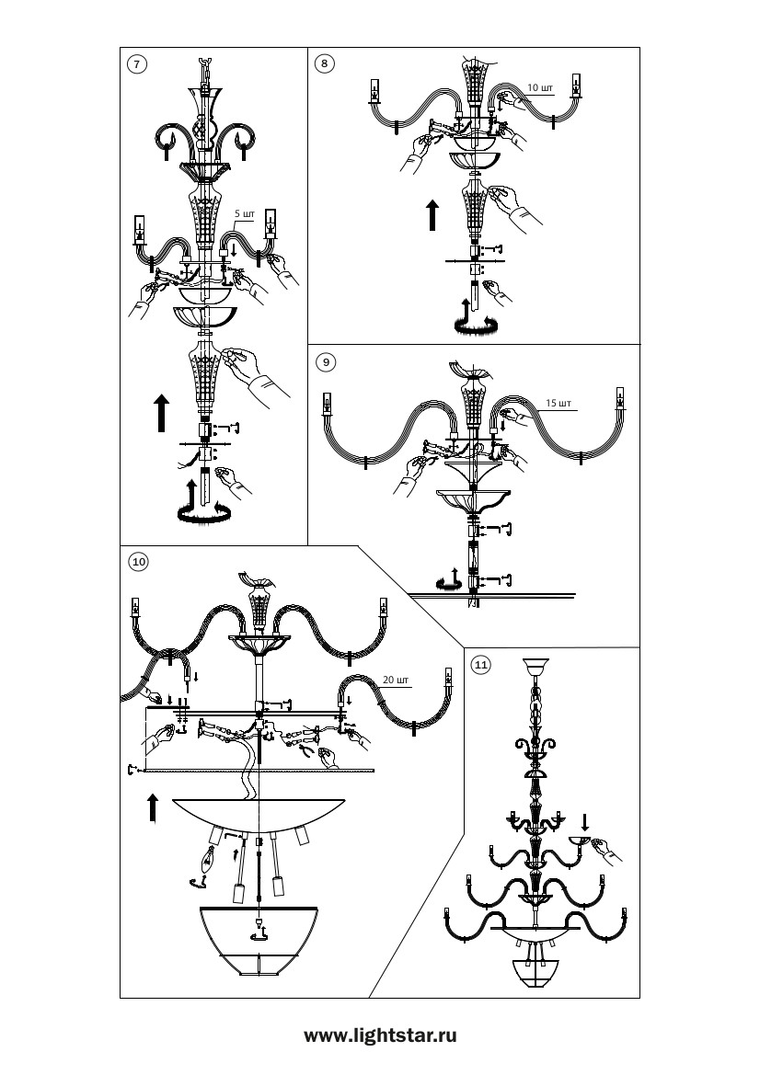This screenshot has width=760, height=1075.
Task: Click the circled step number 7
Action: tap(137, 64)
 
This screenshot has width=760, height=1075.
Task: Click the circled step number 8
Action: tap(325, 64)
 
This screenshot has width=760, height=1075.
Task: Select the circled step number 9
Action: tap(326, 362)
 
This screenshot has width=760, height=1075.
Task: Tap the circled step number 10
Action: tap(139, 562)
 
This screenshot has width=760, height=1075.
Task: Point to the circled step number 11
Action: tap(481, 664)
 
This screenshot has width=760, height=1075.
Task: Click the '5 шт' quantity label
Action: tap(245, 214)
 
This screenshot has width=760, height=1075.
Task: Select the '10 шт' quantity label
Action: tap(540, 87)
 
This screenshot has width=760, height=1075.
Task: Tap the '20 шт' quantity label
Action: tap(396, 680)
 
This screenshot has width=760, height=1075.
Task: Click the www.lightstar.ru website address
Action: tap(380, 1035)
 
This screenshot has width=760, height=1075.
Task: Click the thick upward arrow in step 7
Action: tap(161, 413)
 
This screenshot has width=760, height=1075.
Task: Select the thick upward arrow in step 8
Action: tap(432, 214)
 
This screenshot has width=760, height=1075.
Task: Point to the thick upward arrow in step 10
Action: tap(152, 807)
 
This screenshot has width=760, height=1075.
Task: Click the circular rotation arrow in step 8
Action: tap(473, 325)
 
